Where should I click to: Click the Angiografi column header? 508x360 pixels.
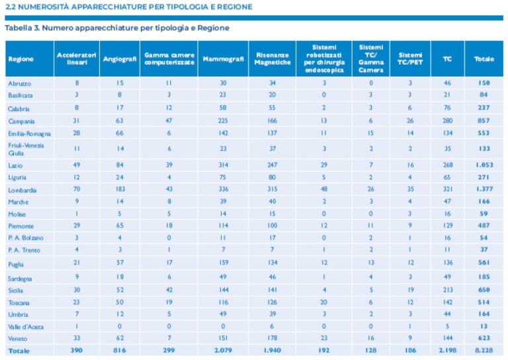click(120, 59)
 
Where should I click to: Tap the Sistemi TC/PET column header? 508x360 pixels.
click(410, 59)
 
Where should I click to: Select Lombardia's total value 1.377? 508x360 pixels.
click(484, 190)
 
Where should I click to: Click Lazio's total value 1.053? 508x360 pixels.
click(484, 164)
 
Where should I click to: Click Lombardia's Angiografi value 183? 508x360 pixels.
click(120, 190)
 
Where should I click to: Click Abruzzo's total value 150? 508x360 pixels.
click(484, 83)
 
